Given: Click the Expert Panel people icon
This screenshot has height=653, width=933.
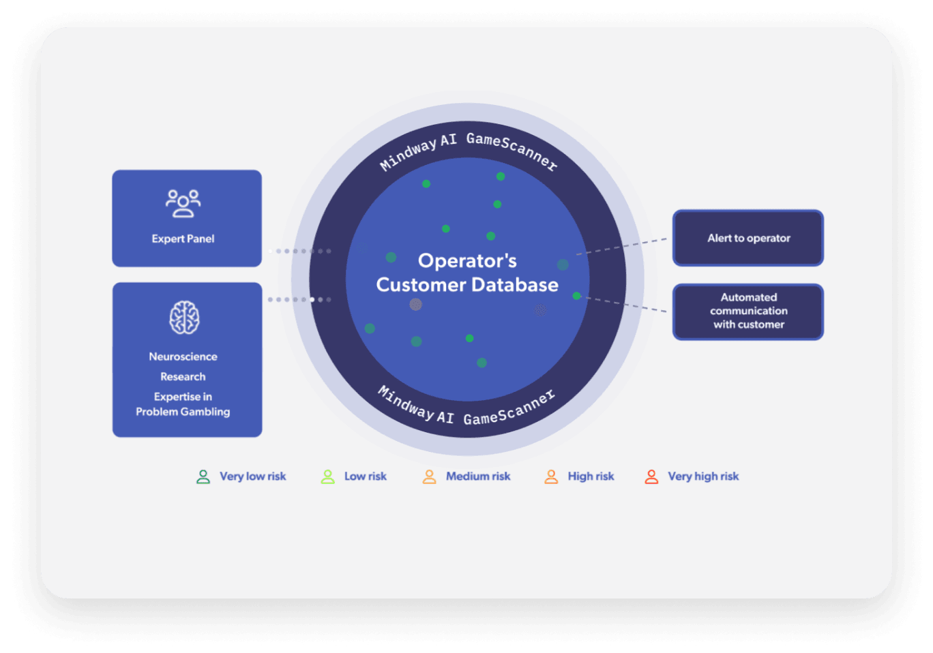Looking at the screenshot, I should coord(183,203).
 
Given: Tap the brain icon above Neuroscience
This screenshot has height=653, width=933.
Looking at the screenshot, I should coord(184,318).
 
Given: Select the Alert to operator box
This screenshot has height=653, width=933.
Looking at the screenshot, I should coord(748,238).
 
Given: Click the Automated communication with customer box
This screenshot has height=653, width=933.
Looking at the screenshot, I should coord(748,312).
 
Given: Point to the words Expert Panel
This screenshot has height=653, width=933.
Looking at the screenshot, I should coord(183,239).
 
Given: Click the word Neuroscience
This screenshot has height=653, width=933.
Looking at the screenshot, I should coord(183,356).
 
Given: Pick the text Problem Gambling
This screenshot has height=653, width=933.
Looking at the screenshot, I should coord(183,412).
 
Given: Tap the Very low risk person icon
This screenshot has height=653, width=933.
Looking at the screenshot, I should coord(203,476).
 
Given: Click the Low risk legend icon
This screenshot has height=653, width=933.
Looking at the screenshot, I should coord(328,476).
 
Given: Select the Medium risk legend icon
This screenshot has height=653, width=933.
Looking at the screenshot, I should coord(430,476).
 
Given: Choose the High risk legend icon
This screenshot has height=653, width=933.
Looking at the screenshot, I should coord(551,476).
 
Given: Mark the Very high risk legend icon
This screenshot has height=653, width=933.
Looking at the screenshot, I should coord(652,476).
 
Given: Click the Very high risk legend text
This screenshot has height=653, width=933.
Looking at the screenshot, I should coord(703,476).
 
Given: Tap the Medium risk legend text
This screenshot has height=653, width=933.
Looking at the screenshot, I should coord(478,476).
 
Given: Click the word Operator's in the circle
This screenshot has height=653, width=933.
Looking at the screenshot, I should coord(467,260).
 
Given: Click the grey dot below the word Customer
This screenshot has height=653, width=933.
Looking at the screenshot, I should coord(415,304).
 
